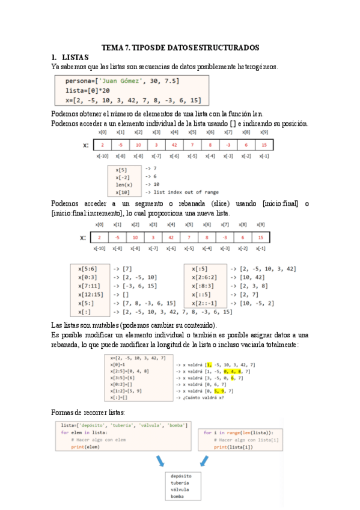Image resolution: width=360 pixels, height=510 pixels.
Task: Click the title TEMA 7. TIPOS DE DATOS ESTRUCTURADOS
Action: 180,47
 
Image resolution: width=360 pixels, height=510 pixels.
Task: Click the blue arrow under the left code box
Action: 160,461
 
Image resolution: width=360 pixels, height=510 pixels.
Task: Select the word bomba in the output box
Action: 177,497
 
